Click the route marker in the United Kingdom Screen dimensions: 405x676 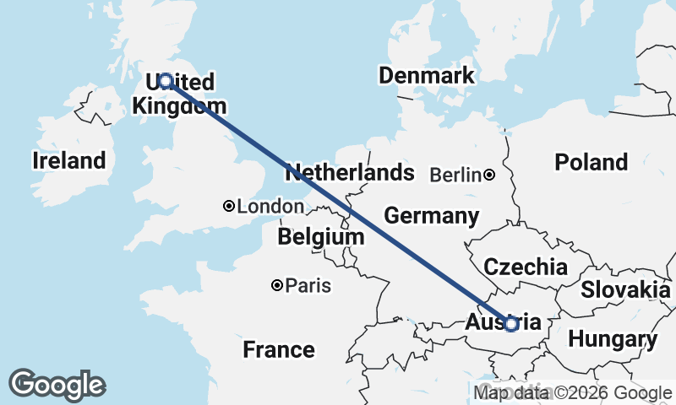click(x=166, y=81)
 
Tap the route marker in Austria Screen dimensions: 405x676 click(x=511, y=323)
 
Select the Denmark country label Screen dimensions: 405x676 click(x=427, y=76)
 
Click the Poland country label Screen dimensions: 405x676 click(x=591, y=162)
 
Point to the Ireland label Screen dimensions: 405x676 click(x=69, y=160)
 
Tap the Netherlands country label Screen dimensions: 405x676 click(x=350, y=174)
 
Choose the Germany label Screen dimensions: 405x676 click(x=432, y=215)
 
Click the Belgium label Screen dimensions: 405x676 click(x=321, y=238)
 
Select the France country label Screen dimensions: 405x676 click(x=279, y=349)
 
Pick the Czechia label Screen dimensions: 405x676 click(x=525, y=267)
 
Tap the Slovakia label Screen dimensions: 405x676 click(x=625, y=289)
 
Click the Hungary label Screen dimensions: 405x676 click(x=613, y=340)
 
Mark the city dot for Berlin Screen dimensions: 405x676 click(x=489, y=175)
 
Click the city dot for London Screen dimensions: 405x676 click(x=229, y=206)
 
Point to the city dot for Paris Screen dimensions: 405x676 click(x=276, y=286)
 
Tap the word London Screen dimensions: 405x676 click(x=270, y=207)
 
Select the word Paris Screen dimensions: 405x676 click(x=308, y=286)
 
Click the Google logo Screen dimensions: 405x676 click(x=57, y=385)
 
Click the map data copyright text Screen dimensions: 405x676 click(x=573, y=392)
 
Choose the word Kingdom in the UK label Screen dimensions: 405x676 click(x=180, y=106)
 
